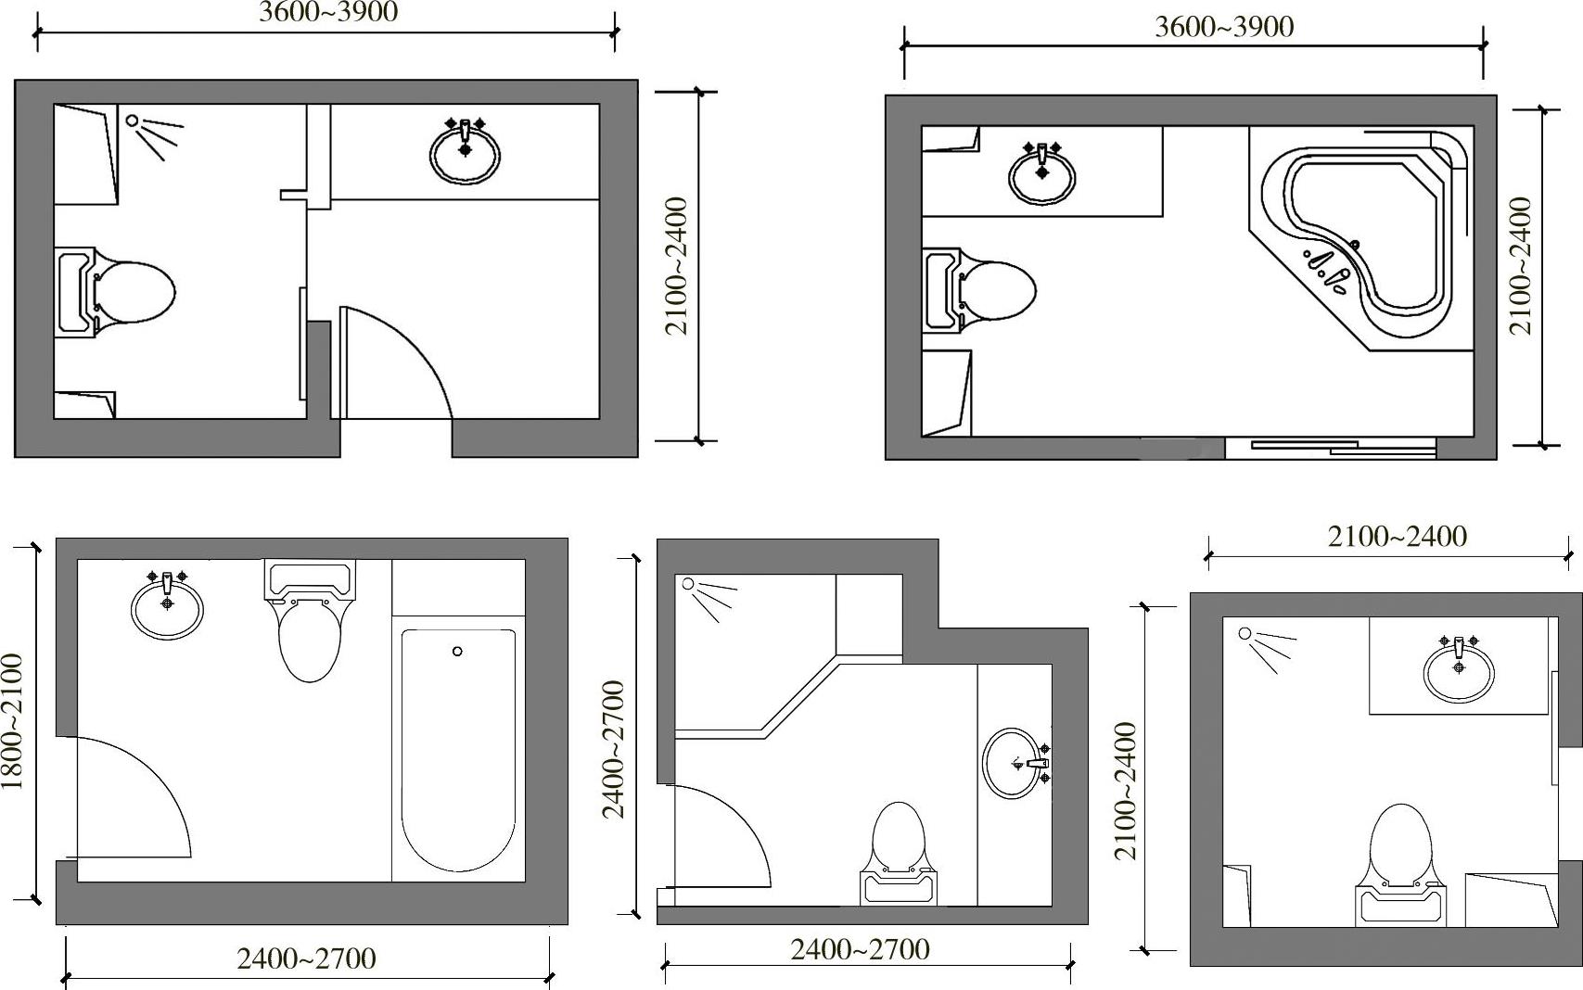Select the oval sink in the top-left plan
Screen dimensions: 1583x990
click(x=465, y=153)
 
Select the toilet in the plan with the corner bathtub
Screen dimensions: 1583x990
click(x=979, y=290)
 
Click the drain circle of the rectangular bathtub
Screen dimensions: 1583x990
click(x=457, y=652)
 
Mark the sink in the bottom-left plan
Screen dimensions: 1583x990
click(x=167, y=605)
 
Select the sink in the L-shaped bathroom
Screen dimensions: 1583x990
click(x=1015, y=763)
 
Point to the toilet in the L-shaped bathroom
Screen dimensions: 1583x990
click(x=899, y=853)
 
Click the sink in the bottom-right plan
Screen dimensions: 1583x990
click(x=1459, y=670)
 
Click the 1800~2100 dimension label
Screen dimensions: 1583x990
click(x=13, y=721)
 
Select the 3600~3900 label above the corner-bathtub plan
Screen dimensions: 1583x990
click(x=1225, y=27)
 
